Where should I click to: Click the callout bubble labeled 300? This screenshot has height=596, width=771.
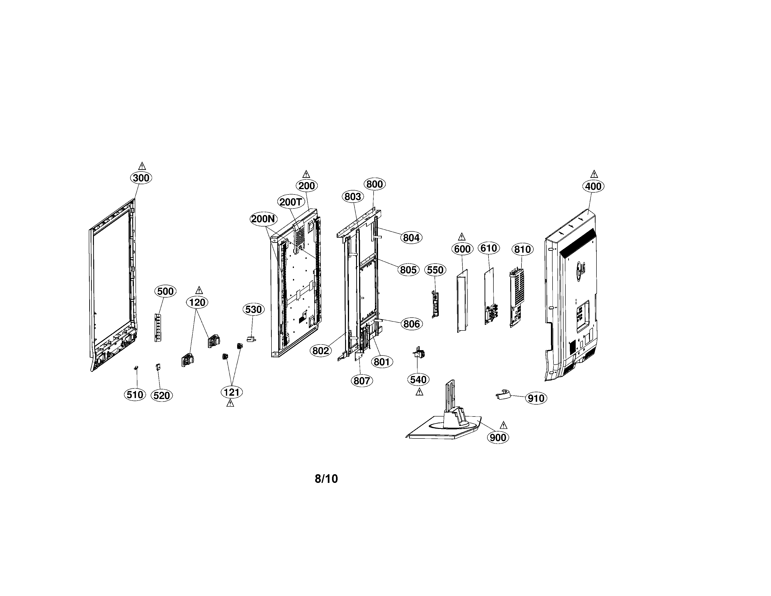141,178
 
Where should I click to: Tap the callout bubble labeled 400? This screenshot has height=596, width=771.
593,186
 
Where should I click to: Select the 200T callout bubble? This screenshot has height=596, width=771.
291,202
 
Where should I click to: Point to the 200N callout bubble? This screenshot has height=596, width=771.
263,219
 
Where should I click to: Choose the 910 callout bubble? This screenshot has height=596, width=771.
536,398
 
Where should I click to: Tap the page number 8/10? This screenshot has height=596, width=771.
326,479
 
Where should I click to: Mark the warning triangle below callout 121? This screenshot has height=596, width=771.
230,403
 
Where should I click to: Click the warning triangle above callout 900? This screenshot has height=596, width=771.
503,425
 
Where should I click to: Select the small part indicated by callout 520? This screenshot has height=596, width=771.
158,367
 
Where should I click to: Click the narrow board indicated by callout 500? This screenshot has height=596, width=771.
157,322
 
